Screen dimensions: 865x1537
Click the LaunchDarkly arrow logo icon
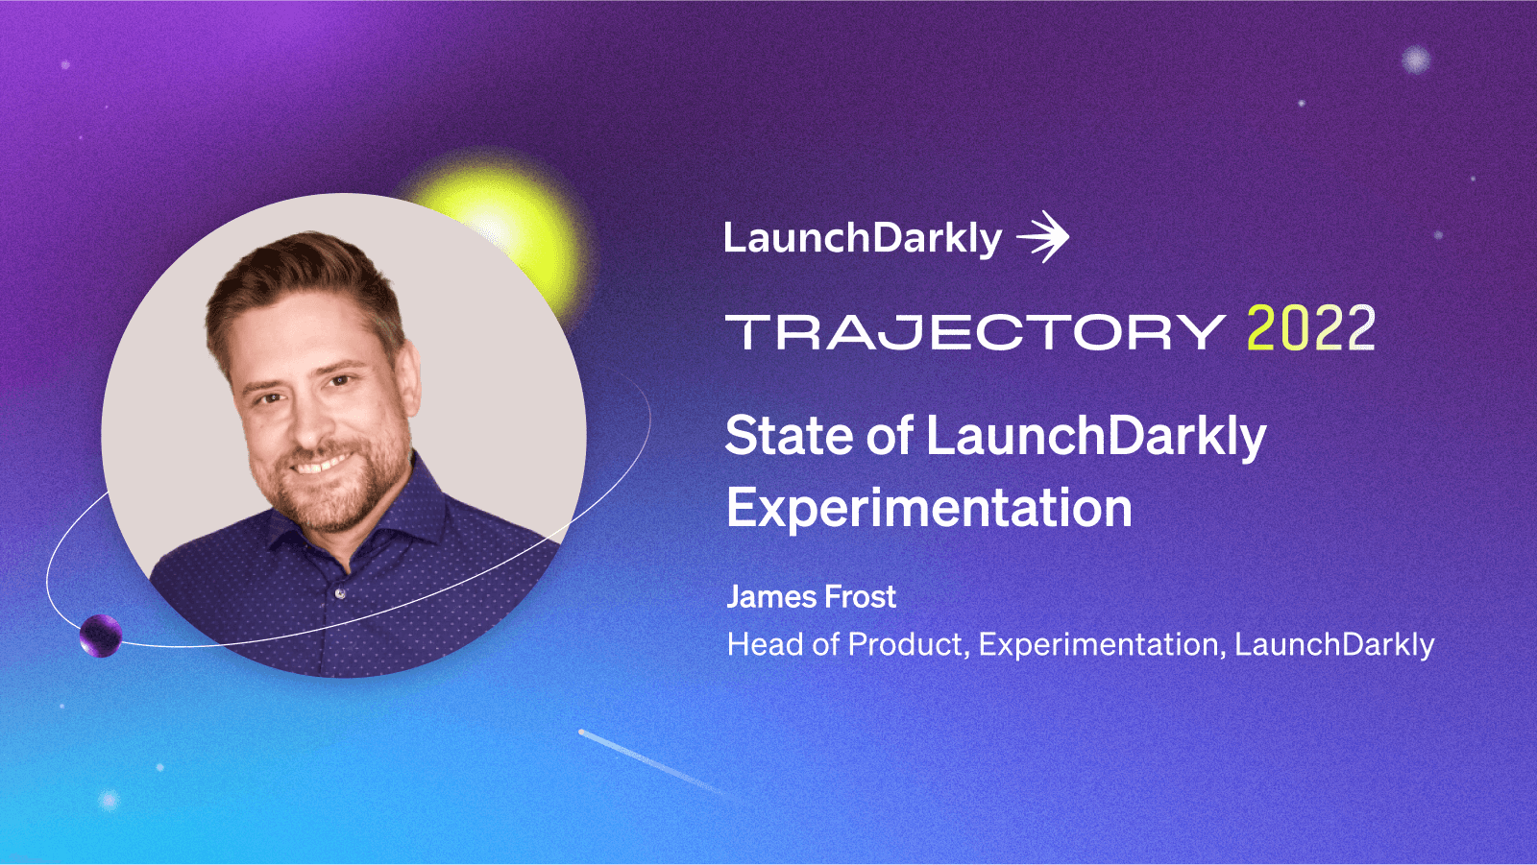pos(1044,237)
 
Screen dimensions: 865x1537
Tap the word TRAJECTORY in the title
pos(974,332)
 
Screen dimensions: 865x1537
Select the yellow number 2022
pos(1310,329)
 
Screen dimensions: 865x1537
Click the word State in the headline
pos(789,436)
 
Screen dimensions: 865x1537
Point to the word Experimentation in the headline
pos(929,508)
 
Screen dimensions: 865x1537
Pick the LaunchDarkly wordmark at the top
pos(862,238)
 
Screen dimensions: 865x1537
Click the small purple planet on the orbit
pos(100,636)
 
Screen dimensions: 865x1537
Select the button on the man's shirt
pos(340,594)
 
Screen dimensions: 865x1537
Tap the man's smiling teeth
pos(322,465)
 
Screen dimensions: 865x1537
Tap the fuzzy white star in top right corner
pos(1415,60)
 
